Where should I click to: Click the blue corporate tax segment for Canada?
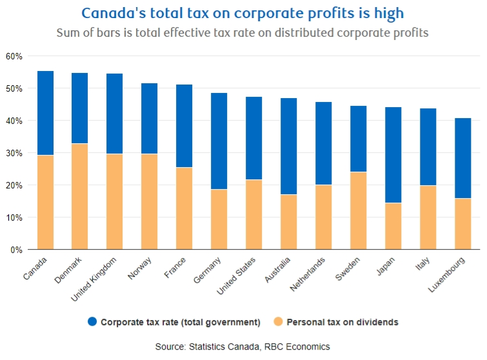[x=45, y=113]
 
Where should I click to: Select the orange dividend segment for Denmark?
[x=80, y=196]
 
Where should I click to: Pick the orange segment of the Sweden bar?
[x=359, y=210]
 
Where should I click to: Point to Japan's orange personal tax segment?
[x=393, y=226]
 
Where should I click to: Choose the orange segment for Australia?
[x=289, y=222]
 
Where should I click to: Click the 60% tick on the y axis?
[x=14, y=56]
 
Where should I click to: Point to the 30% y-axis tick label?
[x=14, y=153]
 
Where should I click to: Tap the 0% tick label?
[x=16, y=250]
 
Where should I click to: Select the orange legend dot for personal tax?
[x=277, y=321]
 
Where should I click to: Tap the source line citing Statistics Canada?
[x=243, y=347]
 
